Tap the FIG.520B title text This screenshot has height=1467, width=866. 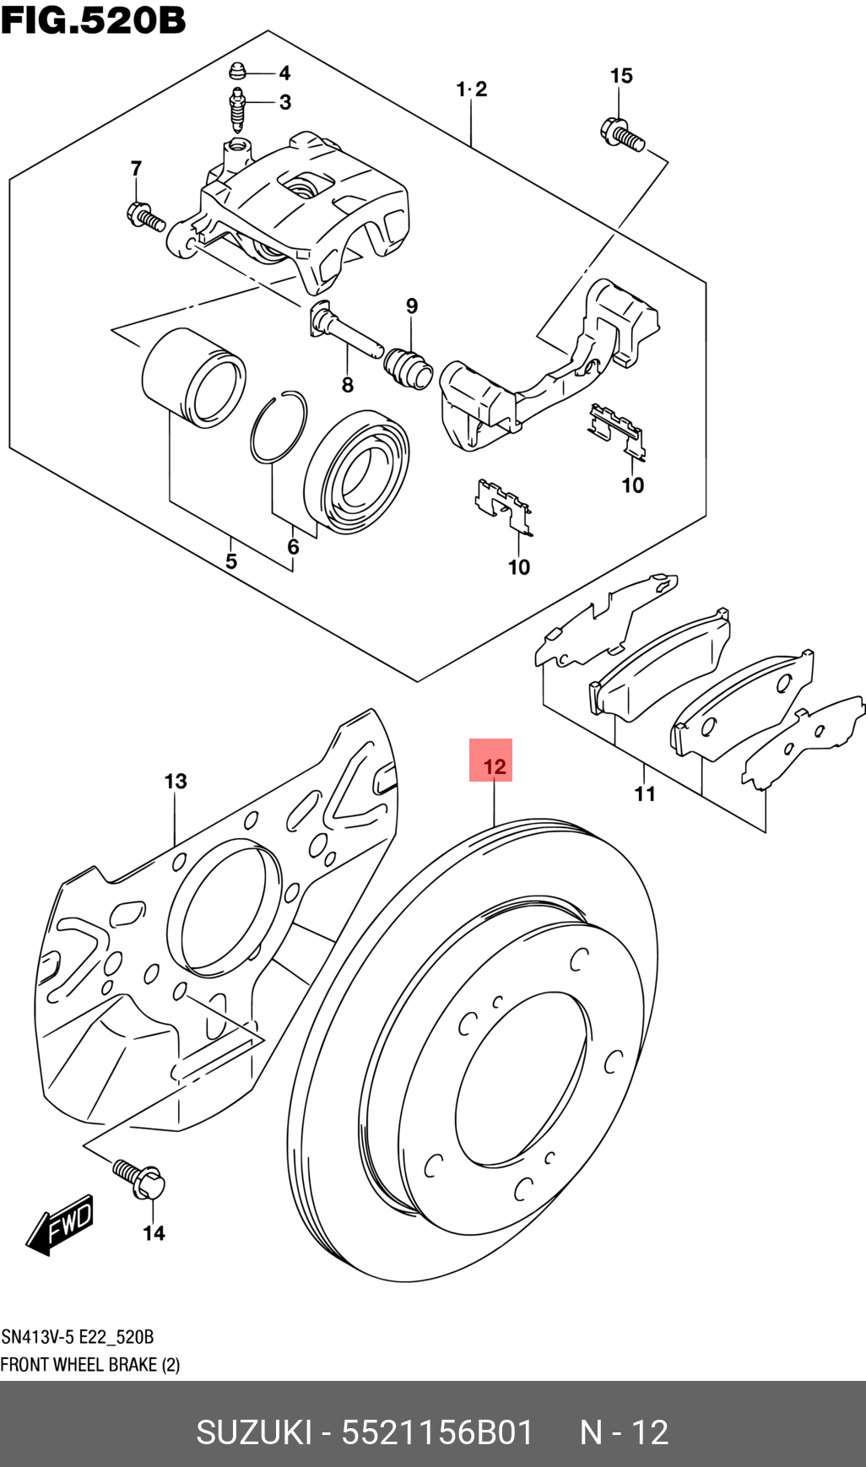(x=93, y=20)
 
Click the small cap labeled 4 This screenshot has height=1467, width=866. (x=239, y=71)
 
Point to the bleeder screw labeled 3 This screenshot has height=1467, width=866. (x=238, y=108)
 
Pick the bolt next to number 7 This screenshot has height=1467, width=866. (x=145, y=217)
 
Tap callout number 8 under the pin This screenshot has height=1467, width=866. (x=347, y=386)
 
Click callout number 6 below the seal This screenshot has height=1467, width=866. (x=293, y=547)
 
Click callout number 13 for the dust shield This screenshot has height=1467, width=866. (x=176, y=781)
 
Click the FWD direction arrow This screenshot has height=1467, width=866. (x=61, y=1224)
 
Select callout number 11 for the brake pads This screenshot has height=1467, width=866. (x=645, y=793)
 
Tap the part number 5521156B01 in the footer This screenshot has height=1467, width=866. (x=437, y=1432)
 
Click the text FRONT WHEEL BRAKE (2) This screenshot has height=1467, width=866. (x=89, y=1365)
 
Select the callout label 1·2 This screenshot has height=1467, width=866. (x=472, y=89)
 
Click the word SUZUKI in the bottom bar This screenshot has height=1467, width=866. (x=253, y=1432)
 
